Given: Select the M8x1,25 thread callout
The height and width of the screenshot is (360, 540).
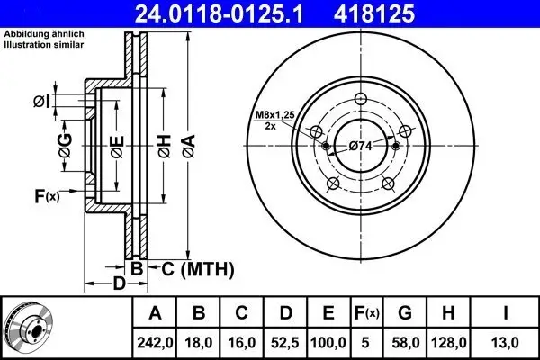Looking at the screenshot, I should coord(272,114).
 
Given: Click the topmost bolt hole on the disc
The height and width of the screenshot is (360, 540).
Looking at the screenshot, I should coord(362,100).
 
